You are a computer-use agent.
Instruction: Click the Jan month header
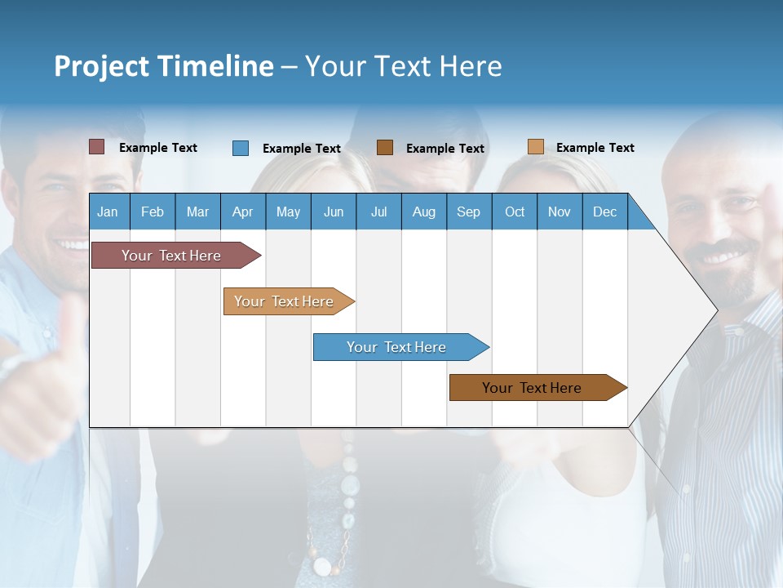pos(108,212)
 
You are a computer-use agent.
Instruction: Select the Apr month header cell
pos(242,212)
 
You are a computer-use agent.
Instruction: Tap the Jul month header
pos(378,212)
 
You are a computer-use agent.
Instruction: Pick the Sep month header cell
pos(468,212)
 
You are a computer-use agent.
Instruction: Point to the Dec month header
pos(604,212)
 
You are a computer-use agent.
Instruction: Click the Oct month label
pos(515,212)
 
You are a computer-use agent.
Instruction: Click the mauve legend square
pos(96,147)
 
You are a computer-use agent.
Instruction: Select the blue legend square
pos(240,148)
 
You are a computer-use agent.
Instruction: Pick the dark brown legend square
pos(385,148)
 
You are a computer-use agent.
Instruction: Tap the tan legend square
pos(535,147)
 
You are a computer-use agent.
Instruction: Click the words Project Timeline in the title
pos(163,66)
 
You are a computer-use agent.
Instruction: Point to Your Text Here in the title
pos(403,66)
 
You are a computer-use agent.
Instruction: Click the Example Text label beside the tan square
pos(595,148)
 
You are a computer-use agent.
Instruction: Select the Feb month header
pos(153,212)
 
